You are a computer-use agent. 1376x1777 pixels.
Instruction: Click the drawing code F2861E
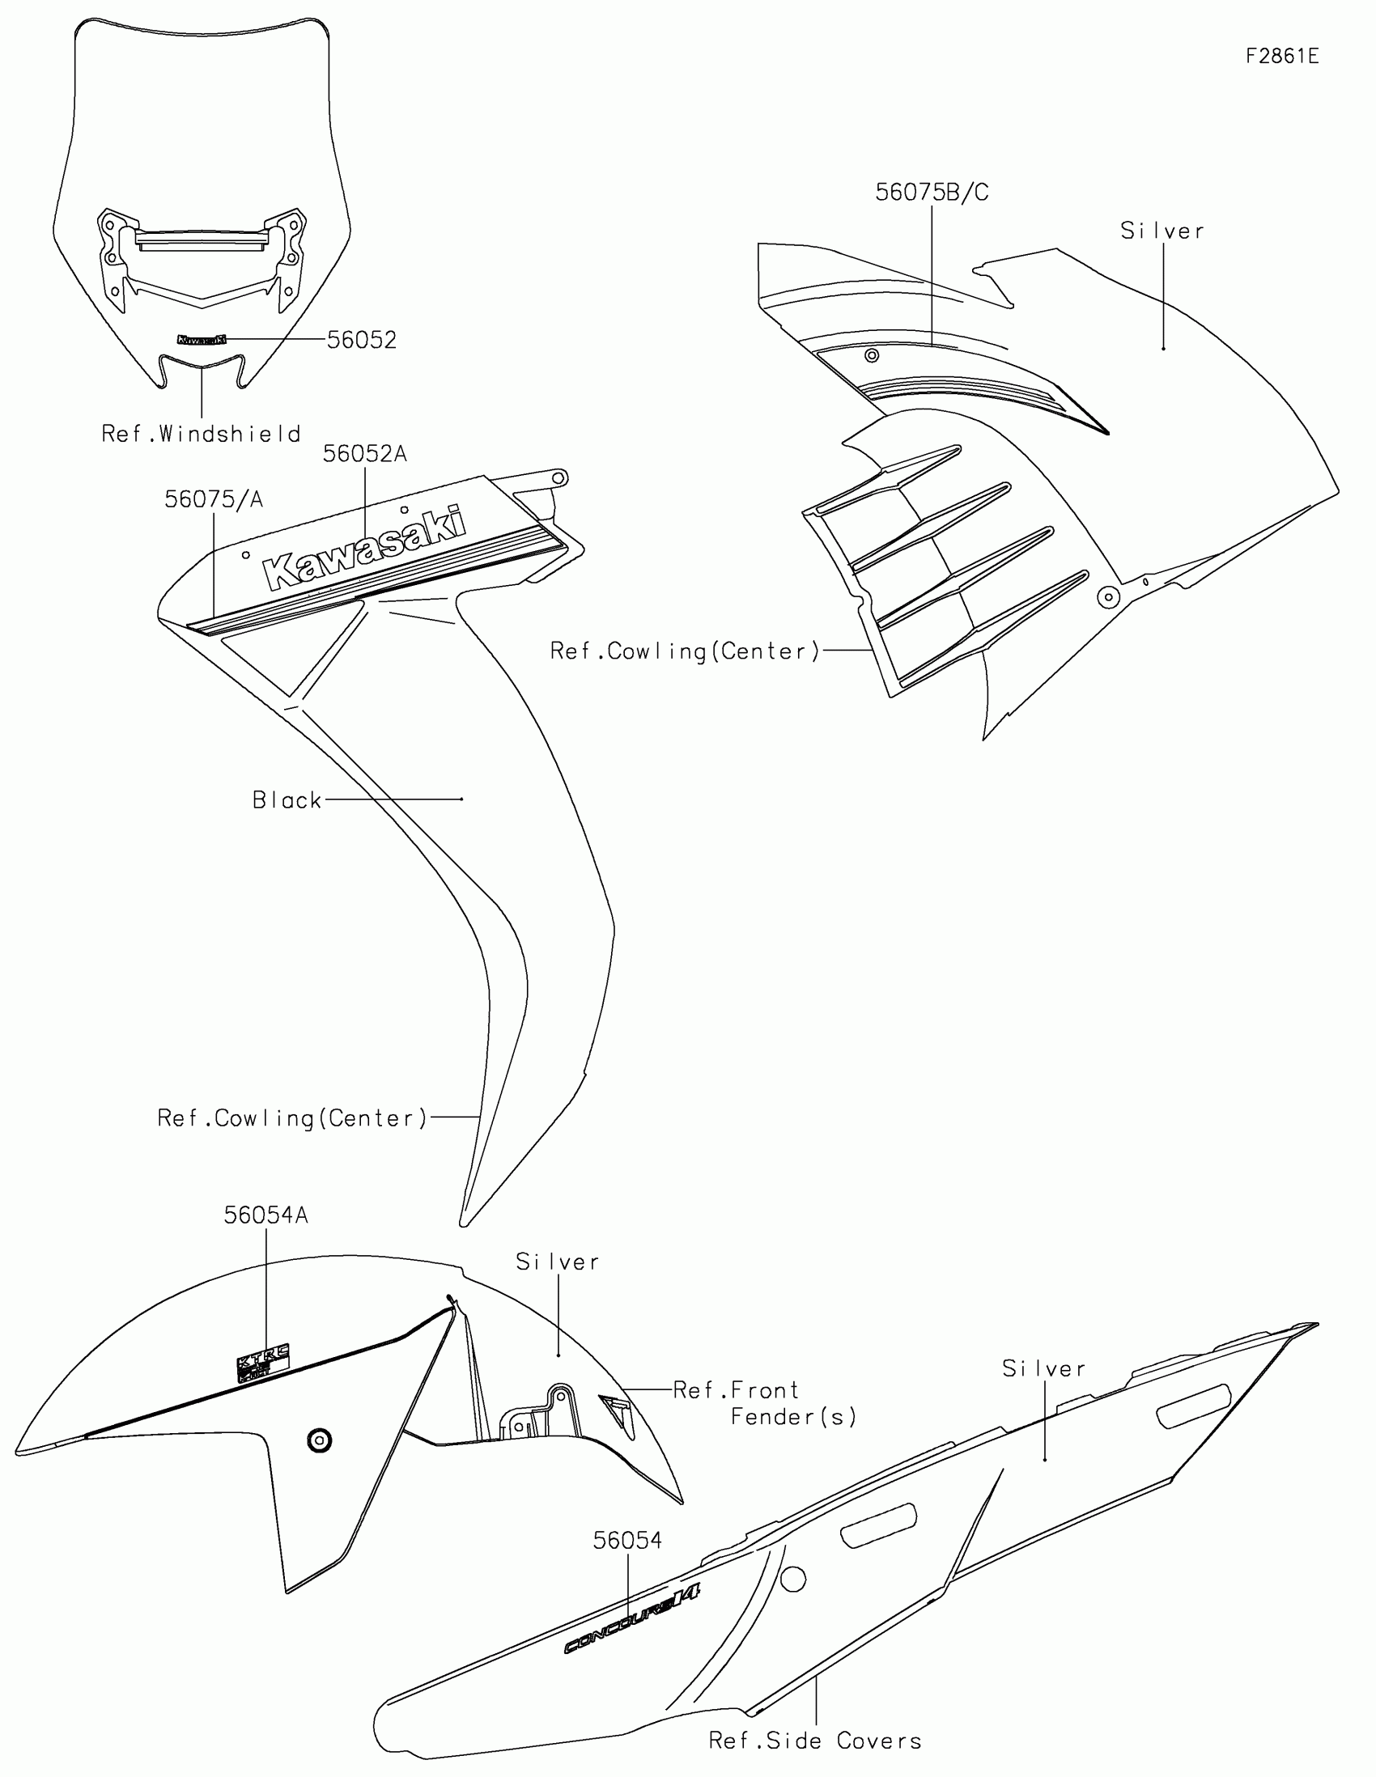coord(1281,56)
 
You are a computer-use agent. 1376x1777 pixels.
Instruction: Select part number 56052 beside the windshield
coord(361,340)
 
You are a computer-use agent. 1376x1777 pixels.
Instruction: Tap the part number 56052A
coord(363,454)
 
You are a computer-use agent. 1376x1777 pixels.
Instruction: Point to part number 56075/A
coord(213,499)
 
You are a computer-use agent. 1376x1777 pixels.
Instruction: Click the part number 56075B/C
coord(932,193)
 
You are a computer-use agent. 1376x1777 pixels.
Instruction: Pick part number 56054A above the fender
coord(266,1215)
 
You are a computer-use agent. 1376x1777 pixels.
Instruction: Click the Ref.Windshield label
coord(201,434)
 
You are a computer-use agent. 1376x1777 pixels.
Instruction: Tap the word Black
coord(287,800)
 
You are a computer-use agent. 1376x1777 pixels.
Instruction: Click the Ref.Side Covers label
coord(815,1741)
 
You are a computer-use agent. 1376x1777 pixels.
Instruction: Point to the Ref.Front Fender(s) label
coord(765,1403)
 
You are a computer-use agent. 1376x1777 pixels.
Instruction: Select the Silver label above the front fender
coord(558,1262)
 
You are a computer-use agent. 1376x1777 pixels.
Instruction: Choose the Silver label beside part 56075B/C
coord(1162,231)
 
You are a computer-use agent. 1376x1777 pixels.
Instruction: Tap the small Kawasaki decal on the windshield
coord(201,338)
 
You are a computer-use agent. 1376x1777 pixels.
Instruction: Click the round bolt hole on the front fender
coord(319,1441)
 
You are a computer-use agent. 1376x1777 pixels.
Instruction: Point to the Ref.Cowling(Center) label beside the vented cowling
coord(684,651)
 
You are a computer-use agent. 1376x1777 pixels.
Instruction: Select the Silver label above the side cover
coord(1044,1369)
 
